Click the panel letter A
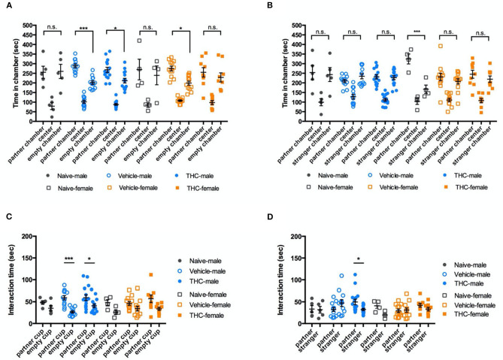[6, 6]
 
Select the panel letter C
[6, 220]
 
